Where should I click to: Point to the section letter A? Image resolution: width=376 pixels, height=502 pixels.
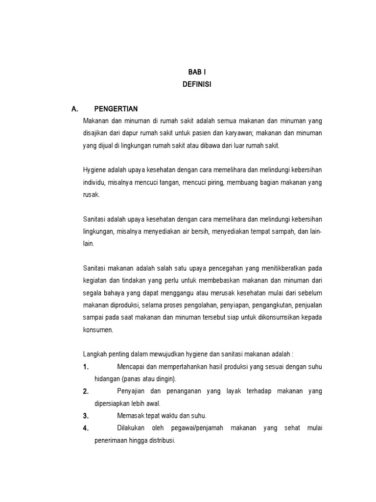pos(75,109)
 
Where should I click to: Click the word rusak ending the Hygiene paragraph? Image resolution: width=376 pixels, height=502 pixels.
pos(92,195)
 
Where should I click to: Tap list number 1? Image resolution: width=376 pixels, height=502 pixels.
pos(86,367)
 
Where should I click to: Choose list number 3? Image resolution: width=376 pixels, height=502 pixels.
pos(86,416)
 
